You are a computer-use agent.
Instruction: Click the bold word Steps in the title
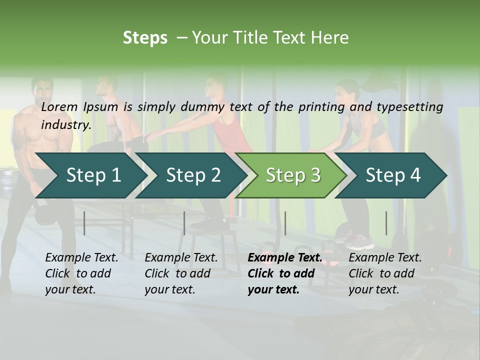[145, 38]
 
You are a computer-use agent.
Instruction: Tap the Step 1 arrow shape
[90, 175]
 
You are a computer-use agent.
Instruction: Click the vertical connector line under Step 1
[84, 223]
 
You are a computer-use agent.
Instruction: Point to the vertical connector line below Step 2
[184, 223]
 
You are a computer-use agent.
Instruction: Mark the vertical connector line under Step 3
[285, 223]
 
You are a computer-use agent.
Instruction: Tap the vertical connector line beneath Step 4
[386, 223]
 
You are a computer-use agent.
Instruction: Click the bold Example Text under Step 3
[285, 258]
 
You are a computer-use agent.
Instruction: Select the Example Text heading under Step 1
[81, 258]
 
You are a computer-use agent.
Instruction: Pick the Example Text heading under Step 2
[181, 258]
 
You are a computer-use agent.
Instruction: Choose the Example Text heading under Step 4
[385, 258]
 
